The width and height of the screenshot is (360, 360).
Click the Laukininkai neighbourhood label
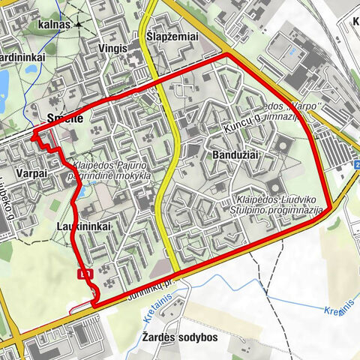[83, 225]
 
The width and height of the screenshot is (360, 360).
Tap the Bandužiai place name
[223, 153]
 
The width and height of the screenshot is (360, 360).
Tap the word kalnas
[52, 24]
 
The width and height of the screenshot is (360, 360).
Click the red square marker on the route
[85, 274]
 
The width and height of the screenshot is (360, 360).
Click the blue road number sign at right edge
[357, 164]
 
